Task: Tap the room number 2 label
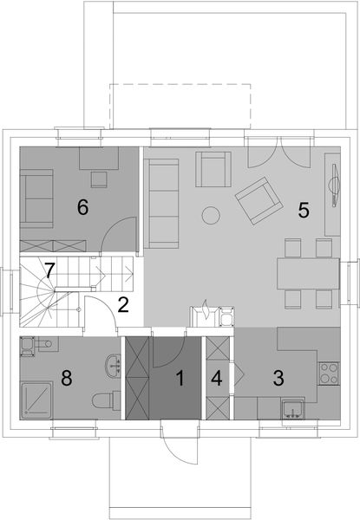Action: coord(123,304)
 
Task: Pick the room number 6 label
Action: coord(83,207)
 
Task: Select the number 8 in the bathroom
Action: coord(66,378)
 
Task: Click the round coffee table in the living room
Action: coord(211,215)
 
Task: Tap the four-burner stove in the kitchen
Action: coord(330,374)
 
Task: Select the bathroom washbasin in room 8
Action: coord(110,367)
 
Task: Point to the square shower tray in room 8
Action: coord(37,400)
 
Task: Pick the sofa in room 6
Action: coord(36,198)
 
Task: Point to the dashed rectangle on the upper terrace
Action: coord(180,104)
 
